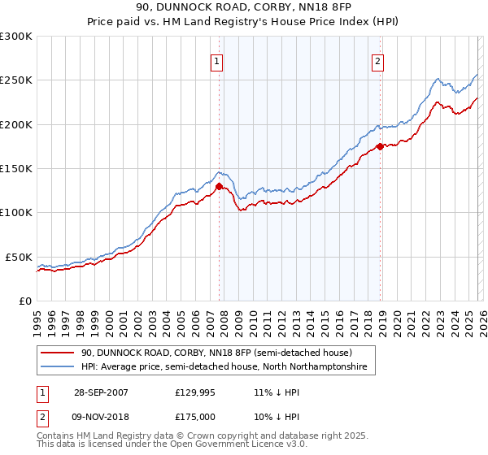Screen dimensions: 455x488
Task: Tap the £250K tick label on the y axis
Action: coord(16,80)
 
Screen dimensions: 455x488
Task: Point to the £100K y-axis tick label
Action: coord(16,212)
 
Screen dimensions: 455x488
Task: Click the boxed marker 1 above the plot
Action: coord(218,62)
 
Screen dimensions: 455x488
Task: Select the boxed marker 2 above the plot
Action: coord(379,62)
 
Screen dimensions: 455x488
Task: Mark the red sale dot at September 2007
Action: coord(219,186)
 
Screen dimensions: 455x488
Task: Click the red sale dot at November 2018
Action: coord(380,147)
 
